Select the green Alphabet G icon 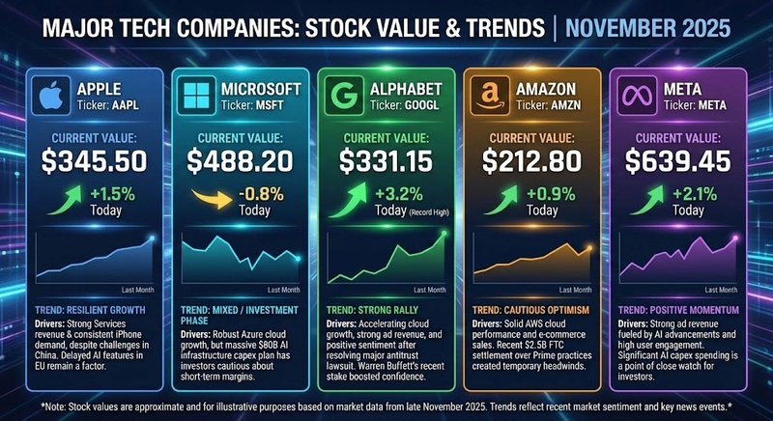coord(344,98)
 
